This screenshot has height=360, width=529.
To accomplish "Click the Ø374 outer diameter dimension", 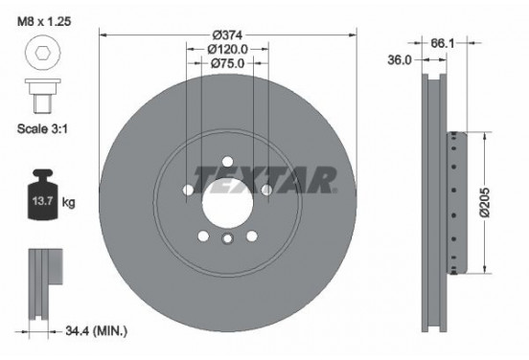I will (x=227, y=35).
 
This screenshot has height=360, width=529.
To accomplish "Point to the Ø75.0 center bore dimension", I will (x=228, y=65).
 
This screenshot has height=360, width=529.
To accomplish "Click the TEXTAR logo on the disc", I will (x=264, y=177).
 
